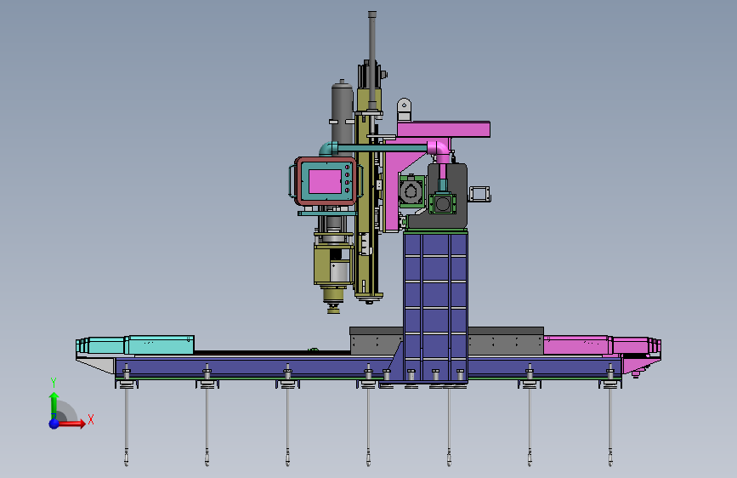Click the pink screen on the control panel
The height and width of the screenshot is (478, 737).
coord(325,182)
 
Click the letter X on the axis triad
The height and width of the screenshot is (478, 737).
coord(91,419)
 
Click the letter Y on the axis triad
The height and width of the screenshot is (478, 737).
coord(54,383)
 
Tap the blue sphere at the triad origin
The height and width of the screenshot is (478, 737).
coord(54,424)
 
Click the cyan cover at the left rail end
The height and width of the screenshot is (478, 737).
coord(135,344)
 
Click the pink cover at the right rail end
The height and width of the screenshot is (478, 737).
coord(603,345)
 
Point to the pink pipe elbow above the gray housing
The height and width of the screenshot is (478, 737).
coord(439,151)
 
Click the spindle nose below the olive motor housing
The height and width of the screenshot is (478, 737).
coord(333,300)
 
